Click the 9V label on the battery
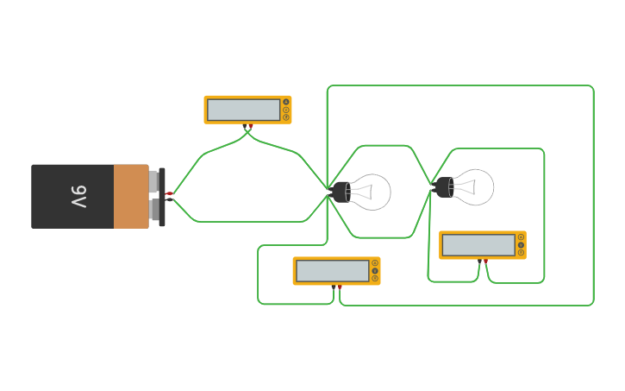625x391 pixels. click(x=78, y=197)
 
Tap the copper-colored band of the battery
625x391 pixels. click(x=130, y=197)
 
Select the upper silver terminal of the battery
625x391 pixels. click(x=153, y=181)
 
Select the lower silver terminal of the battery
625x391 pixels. click(x=153, y=211)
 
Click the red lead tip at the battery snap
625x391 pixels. click(x=169, y=193)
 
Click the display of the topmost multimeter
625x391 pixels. click(x=244, y=110)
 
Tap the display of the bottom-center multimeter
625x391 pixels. click(x=332, y=271)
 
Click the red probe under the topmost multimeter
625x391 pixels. click(x=251, y=126)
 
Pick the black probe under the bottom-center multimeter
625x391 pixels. click(x=334, y=287)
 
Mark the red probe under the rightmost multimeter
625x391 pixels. click(x=485, y=260)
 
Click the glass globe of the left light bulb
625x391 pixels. click(x=371, y=192)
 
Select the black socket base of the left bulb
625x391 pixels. click(x=338, y=192)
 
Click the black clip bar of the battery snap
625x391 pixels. click(x=162, y=197)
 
